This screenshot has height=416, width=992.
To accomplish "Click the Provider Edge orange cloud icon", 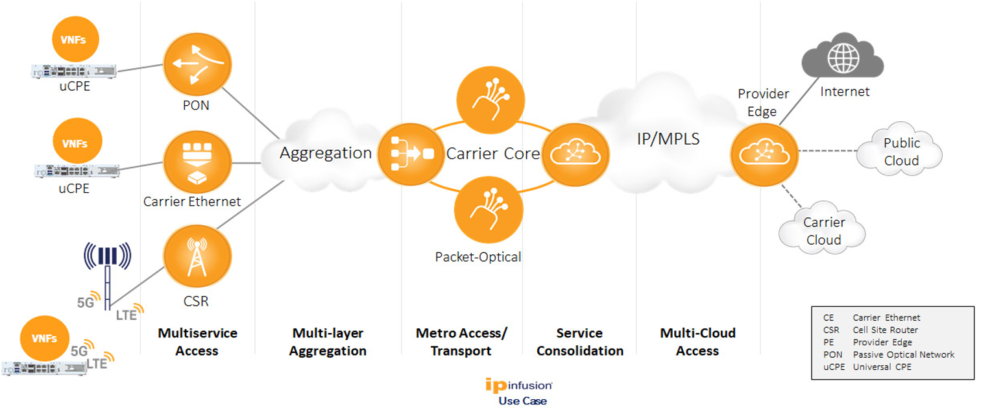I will [764, 153].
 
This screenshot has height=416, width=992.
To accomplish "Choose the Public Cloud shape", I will [901, 151].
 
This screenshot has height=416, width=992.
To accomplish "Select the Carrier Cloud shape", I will [823, 230].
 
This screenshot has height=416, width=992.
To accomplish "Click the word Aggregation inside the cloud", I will [325, 153].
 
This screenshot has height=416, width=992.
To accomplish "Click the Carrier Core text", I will [493, 154].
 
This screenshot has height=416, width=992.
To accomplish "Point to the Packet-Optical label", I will [478, 257].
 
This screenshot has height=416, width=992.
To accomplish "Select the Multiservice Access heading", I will [197, 342].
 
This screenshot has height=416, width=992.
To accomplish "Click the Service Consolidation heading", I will [579, 342].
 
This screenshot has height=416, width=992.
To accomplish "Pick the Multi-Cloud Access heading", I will [697, 342].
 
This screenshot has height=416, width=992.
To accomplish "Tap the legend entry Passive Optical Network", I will [903, 354].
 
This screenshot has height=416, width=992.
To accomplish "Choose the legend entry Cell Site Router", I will [885, 330].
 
